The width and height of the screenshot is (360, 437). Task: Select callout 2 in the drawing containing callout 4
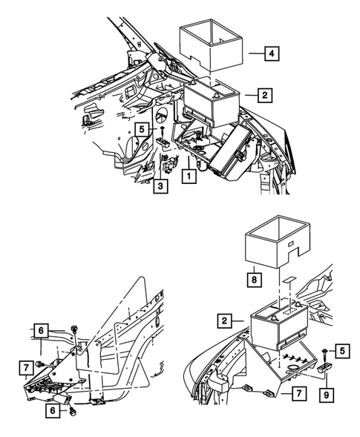point(263,95)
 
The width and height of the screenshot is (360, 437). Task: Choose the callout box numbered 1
point(190,177)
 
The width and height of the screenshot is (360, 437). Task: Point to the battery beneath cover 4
point(212,96)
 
